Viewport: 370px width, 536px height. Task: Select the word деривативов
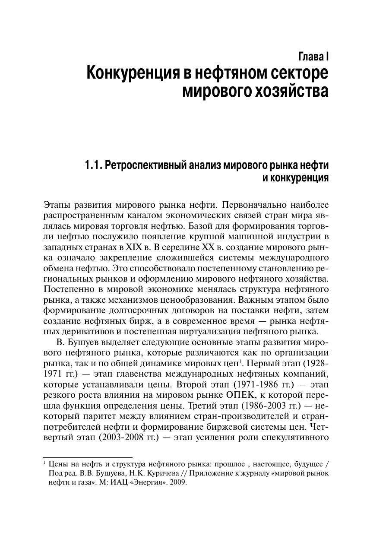[75, 332]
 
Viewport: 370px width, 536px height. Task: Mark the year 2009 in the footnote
[177, 482]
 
